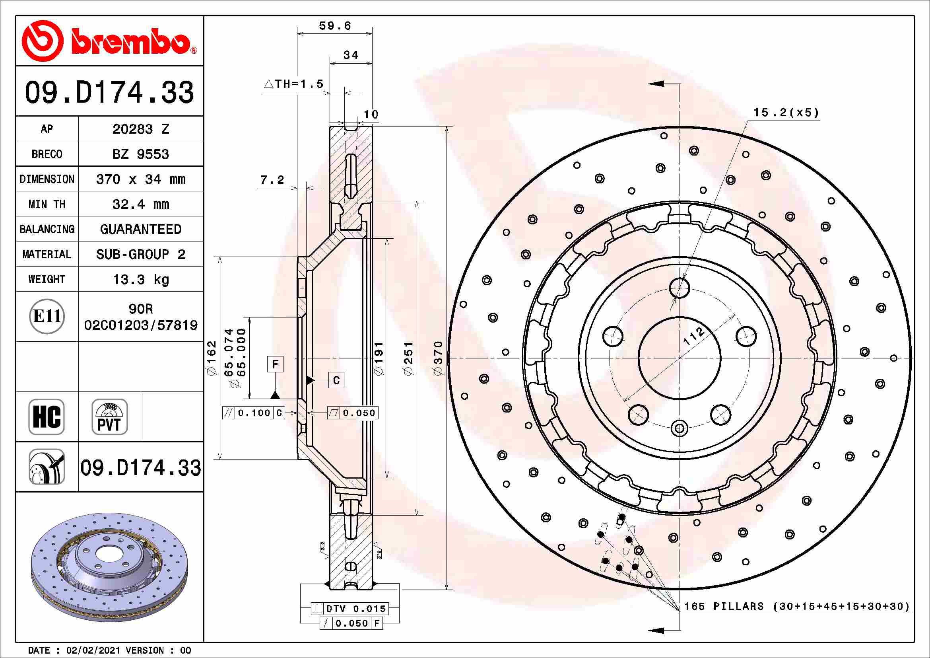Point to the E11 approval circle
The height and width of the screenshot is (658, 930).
tap(47, 316)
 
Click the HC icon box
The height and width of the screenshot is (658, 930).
tap(47, 417)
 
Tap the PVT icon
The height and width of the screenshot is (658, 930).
tap(109, 417)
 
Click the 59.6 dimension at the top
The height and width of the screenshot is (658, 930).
tap(334, 26)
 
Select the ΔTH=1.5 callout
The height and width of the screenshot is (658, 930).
tap(294, 84)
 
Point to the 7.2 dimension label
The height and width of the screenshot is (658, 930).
tap(272, 179)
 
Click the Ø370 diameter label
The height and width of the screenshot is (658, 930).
tap(438, 358)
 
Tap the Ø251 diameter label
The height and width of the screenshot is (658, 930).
tap(409, 358)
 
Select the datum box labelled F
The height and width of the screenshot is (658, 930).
tap(275, 364)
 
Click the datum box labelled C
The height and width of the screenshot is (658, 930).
tap(336, 380)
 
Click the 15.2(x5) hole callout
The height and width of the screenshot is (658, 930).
tap(786, 112)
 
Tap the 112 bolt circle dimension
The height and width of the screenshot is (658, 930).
tap(693, 336)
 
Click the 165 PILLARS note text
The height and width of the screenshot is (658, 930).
tap(796, 606)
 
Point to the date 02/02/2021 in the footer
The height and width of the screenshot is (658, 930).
tap(93, 650)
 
